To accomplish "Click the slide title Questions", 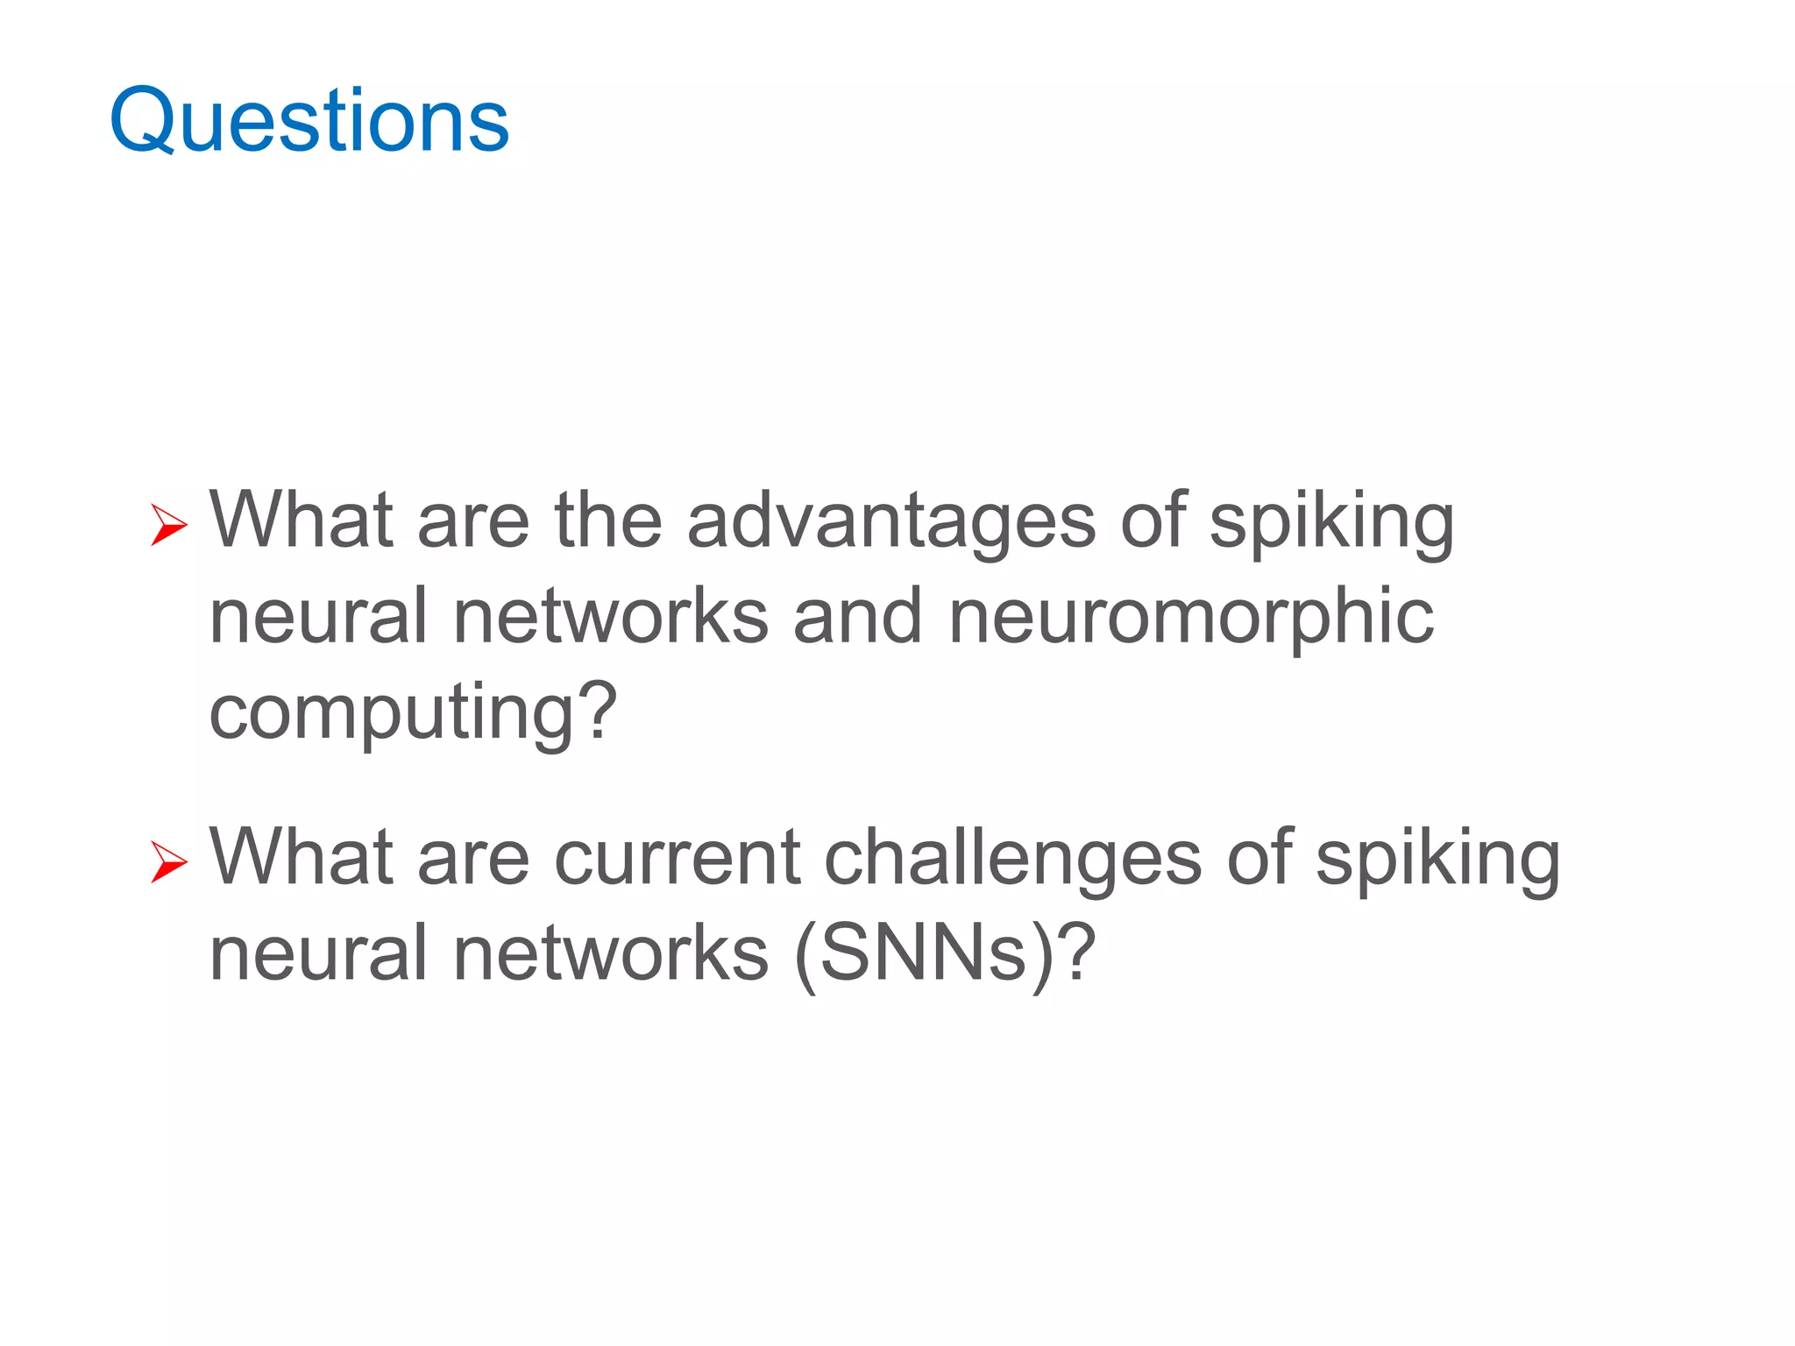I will click(x=309, y=120).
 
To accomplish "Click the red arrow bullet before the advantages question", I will click(x=168, y=525).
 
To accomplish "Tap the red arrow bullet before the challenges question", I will click(x=168, y=861).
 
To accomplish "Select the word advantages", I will click(x=890, y=523).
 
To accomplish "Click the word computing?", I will click(x=413, y=714).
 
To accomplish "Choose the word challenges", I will click(x=1012, y=860).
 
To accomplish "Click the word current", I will click(x=677, y=860).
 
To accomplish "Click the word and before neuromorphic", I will click(x=857, y=618).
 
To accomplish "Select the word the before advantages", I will click(x=607, y=521).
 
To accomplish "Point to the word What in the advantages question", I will click(x=301, y=521).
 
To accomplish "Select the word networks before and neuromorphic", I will click(x=611, y=618).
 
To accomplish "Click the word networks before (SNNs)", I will click(x=611, y=954).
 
